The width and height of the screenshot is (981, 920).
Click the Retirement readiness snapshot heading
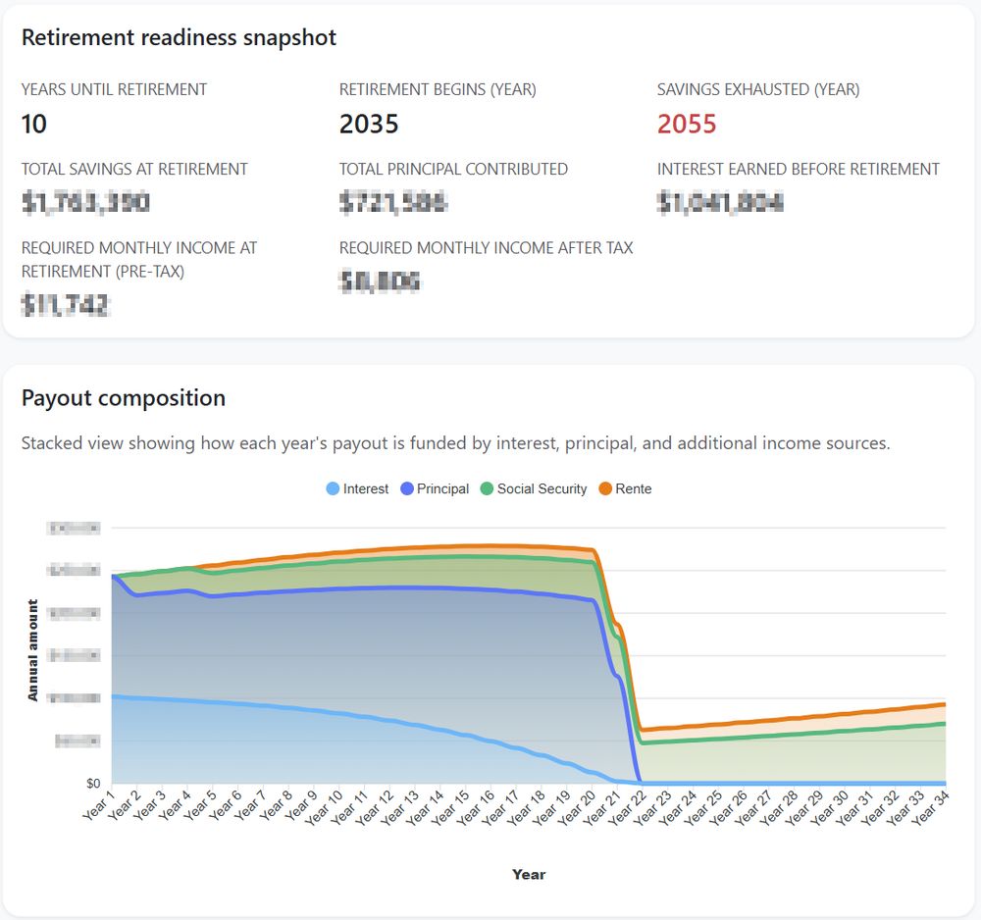[179, 38]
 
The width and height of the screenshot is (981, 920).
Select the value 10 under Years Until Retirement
[34, 125]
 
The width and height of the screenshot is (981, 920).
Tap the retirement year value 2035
[369, 125]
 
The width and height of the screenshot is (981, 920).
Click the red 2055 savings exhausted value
[687, 125]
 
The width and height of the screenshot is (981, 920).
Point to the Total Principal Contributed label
[453, 169]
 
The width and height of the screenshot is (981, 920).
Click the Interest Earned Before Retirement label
[799, 169]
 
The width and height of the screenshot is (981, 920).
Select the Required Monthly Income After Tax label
[486, 248]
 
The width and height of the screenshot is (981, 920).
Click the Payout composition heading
[124, 398]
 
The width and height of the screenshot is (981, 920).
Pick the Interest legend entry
[357, 488]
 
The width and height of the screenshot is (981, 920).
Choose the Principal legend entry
[435, 488]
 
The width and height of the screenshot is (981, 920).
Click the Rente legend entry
[624, 488]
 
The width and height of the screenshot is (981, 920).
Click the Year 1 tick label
[98, 806]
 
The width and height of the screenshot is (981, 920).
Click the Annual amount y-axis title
[33, 650]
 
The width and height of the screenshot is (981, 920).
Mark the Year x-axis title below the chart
[529, 874]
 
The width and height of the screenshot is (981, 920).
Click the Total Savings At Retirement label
[134, 169]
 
